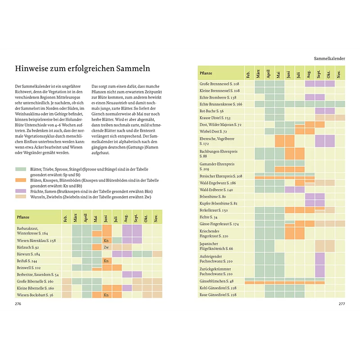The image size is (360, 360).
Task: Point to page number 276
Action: coord(18,304)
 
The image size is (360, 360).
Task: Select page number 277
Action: coord(342,304)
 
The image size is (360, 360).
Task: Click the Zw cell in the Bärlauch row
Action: coord(107,247)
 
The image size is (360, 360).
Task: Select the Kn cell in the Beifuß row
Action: coord(107,261)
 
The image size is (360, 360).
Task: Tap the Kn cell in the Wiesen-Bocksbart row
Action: coord(107,295)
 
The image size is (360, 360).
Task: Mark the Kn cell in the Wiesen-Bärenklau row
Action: coord(107,241)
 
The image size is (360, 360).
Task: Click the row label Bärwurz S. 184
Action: coord(29,254)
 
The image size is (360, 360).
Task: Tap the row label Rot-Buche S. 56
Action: coord(212,111)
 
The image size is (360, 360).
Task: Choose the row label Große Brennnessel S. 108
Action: coord(219,84)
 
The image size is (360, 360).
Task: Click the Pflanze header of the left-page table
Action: coord(23,217)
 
